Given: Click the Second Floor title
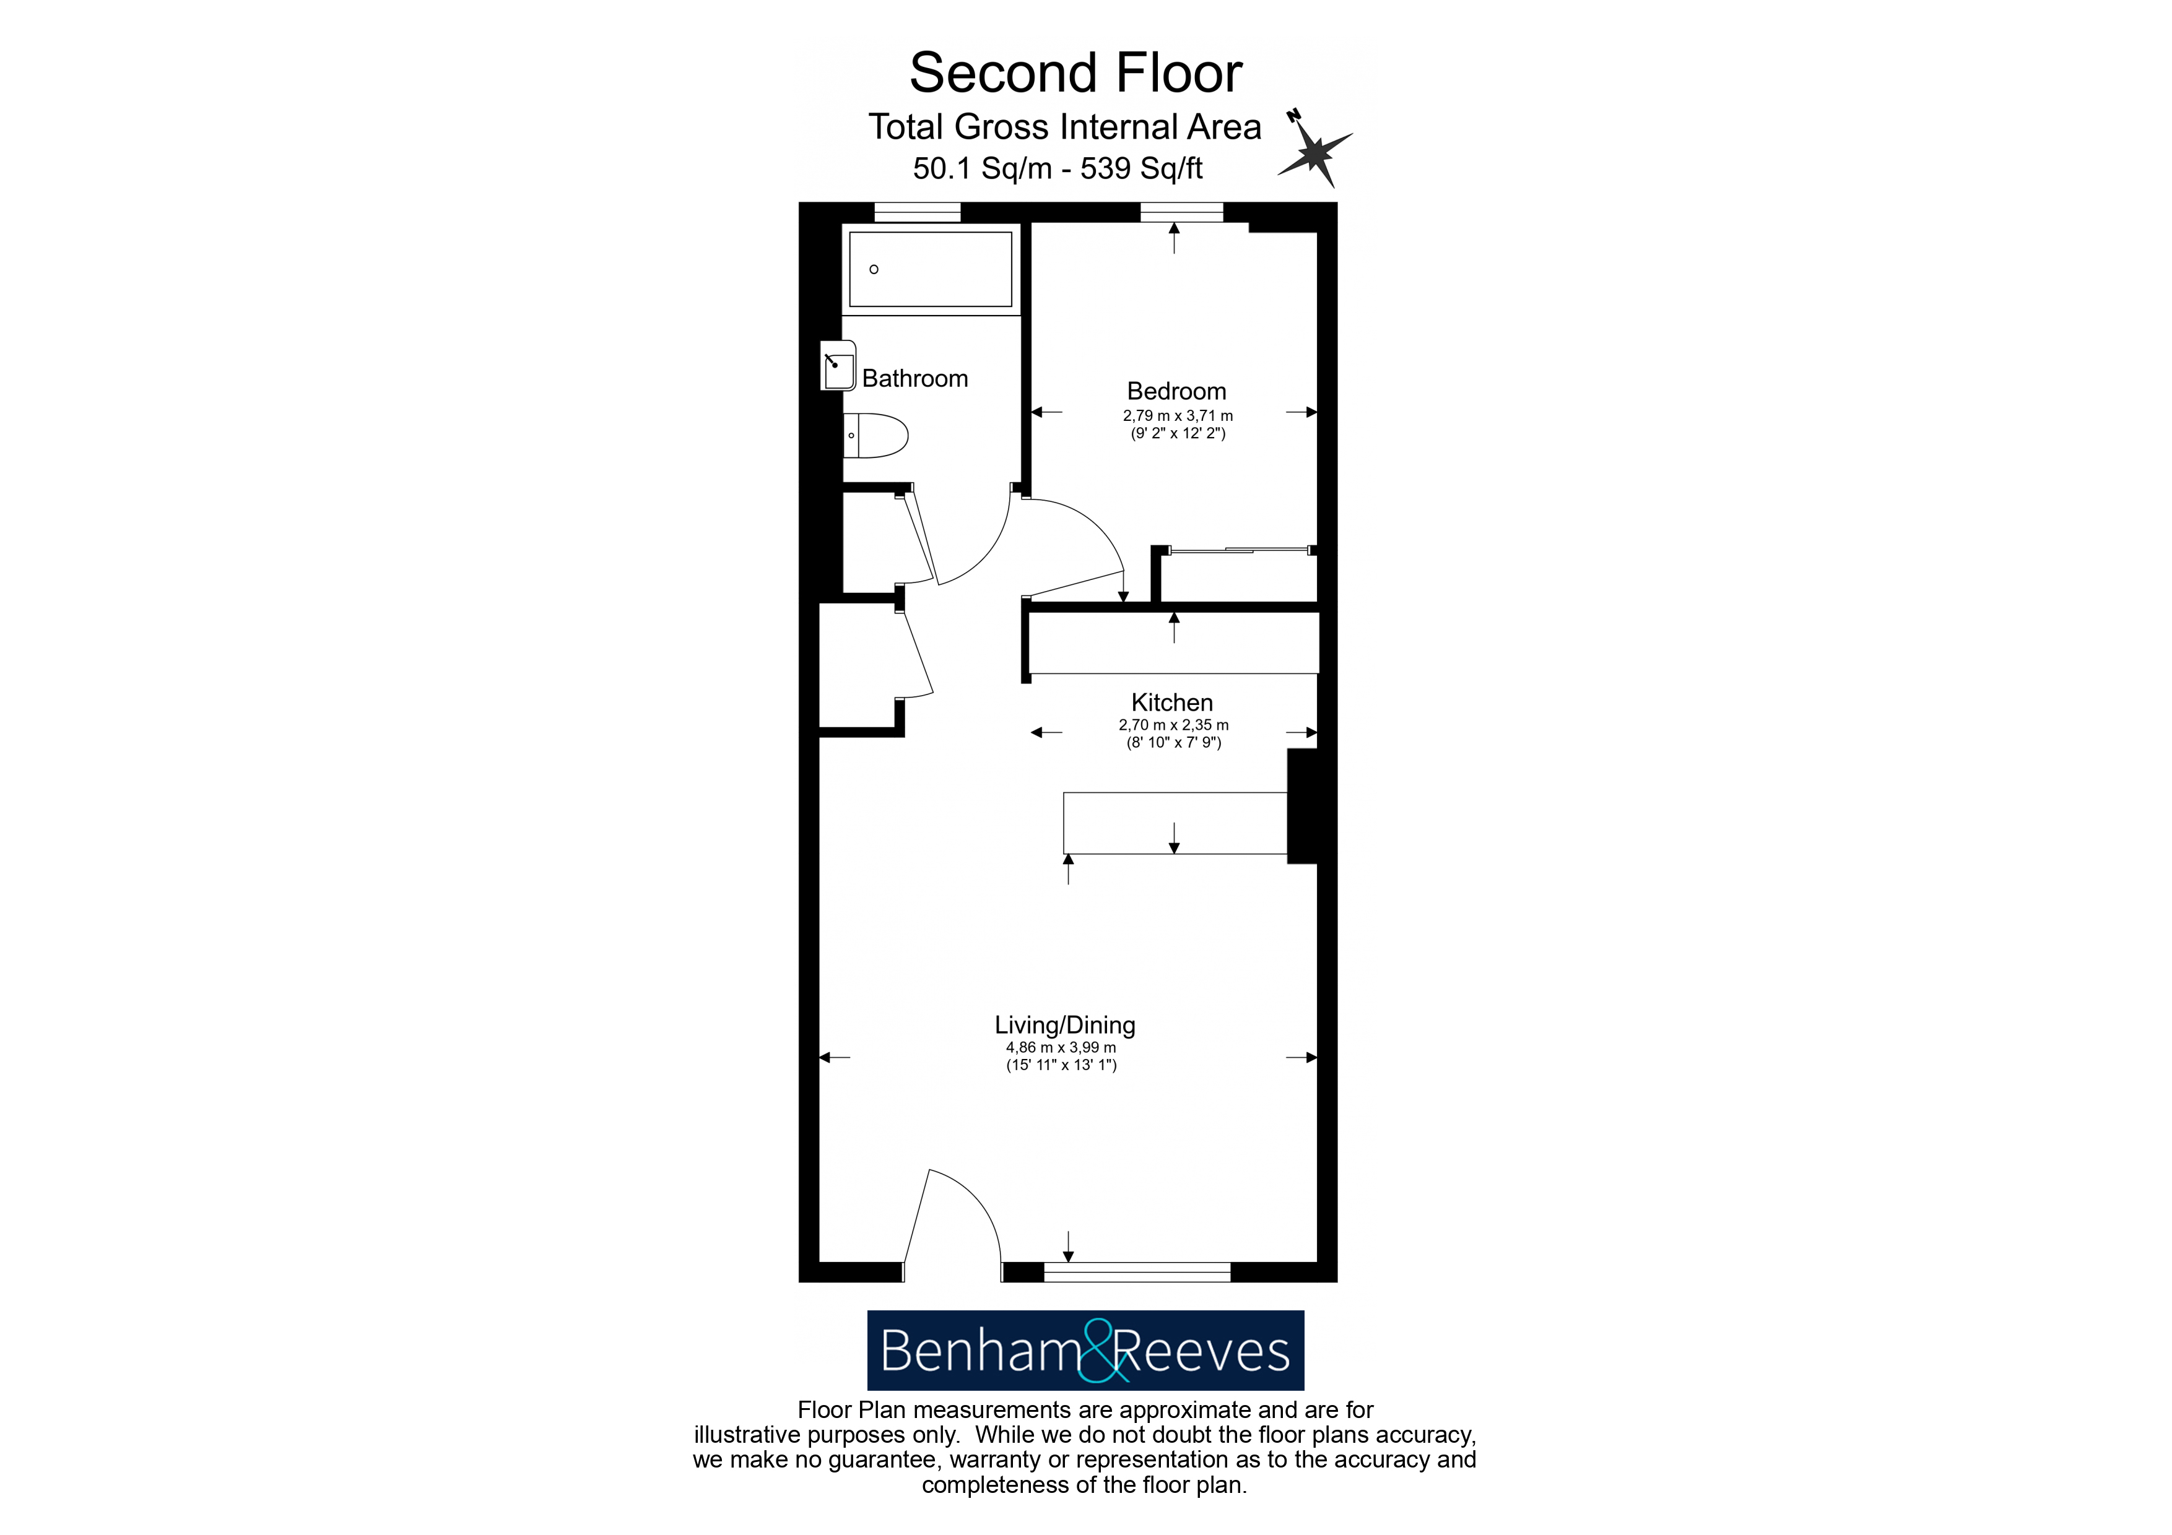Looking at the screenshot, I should pos(1075,73).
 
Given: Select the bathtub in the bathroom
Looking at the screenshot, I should pos(930,269).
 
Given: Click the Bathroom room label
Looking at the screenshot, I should pos(914,378).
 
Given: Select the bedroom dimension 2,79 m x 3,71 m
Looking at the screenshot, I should pos(1177,415).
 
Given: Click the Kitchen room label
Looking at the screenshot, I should pos(1171,702).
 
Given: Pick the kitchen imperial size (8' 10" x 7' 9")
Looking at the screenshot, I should pos(1173,743).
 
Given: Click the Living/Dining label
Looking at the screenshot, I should pos(1064,1024).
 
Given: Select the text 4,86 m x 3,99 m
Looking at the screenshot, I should pos(1061,1047).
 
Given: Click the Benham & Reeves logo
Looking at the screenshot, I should pos(1085,1350).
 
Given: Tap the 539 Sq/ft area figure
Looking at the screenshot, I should pos(1141,168).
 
